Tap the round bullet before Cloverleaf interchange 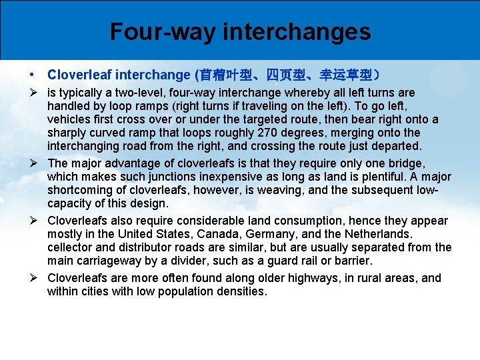(x=32, y=75)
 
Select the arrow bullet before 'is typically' (x=32, y=93)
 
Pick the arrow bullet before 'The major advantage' (x=32, y=163)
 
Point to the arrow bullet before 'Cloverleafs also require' (x=32, y=221)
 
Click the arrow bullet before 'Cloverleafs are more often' (x=32, y=278)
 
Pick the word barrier (x=353, y=261)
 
